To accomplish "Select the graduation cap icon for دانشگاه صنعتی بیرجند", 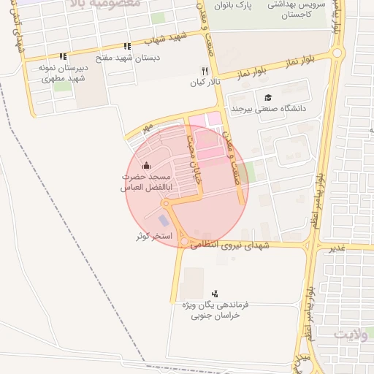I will [268, 97].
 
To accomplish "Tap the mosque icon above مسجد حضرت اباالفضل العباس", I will [146, 165].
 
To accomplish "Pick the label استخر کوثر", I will [153, 236].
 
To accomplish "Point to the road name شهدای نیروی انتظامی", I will [231, 246].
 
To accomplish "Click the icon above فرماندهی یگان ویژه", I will [215, 293].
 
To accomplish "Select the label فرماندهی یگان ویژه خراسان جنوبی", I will [215, 310].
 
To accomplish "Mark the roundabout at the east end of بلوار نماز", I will [337, 53].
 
